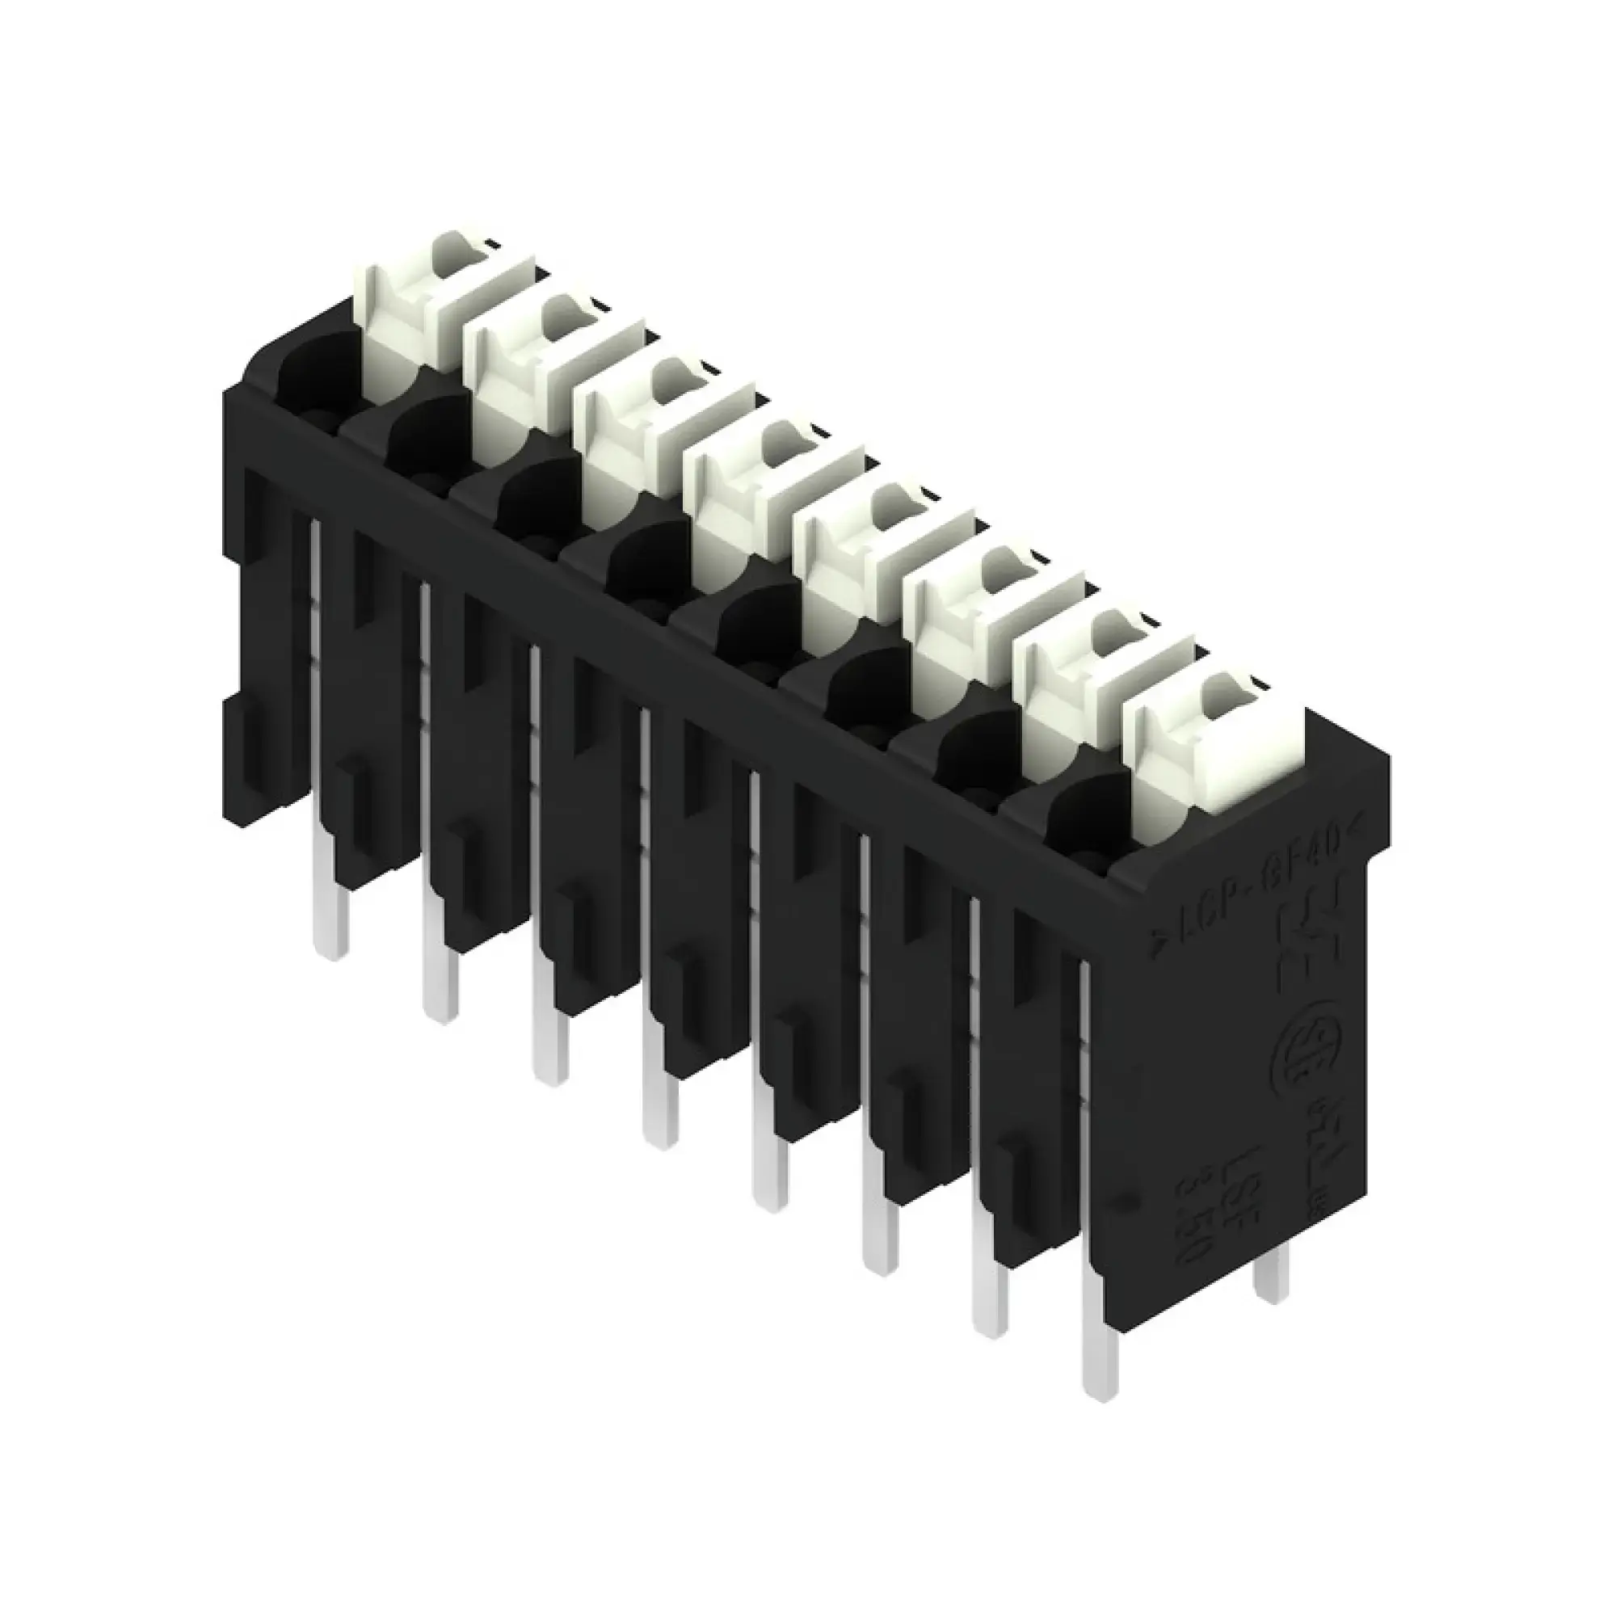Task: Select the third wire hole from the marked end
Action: [865, 673]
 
